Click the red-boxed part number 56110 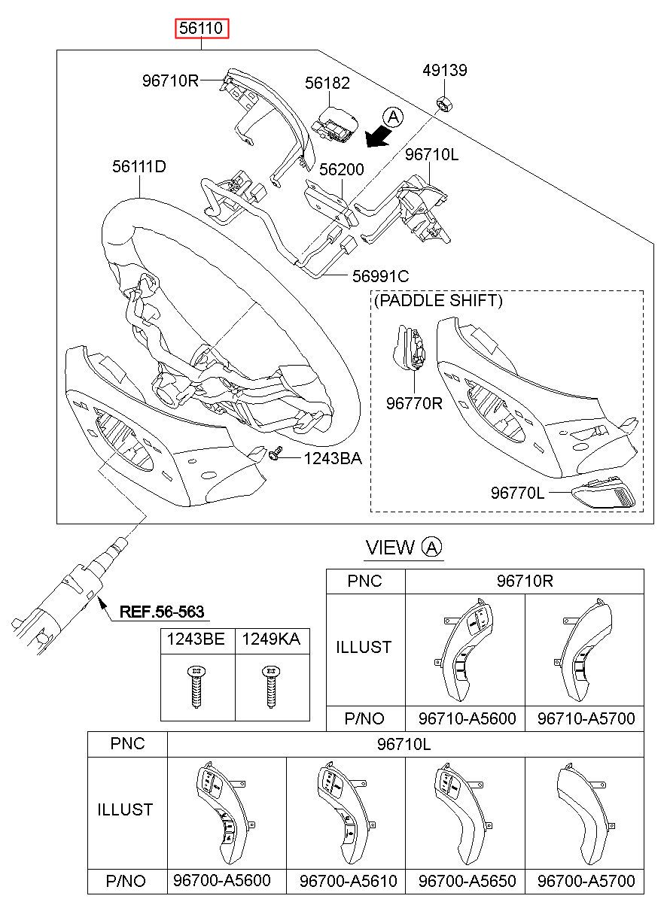pyautogui.click(x=202, y=29)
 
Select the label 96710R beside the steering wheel pyautogui.click(x=170, y=80)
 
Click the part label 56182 pyautogui.click(x=327, y=83)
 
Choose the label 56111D pyautogui.click(x=139, y=166)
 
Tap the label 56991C pyautogui.click(x=380, y=276)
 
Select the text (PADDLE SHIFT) pyautogui.click(x=438, y=300)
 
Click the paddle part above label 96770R pyautogui.click(x=410, y=348)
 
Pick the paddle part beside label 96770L pyautogui.click(x=603, y=493)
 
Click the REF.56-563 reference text pyautogui.click(x=162, y=612)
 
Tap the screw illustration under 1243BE pyautogui.click(x=197, y=687)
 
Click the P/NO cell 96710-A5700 pyautogui.click(x=586, y=718)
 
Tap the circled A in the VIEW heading pyautogui.click(x=431, y=547)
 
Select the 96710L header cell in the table pyautogui.click(x=405, y=744)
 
